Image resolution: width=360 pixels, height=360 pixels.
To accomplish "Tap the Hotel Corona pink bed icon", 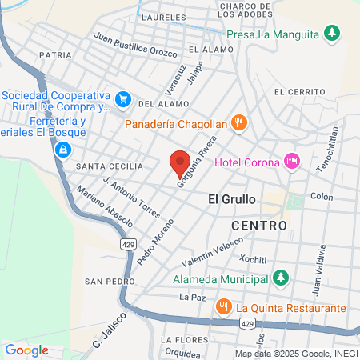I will [x=292, y=162].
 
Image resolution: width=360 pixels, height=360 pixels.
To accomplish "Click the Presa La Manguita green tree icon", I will [x=333, y=33].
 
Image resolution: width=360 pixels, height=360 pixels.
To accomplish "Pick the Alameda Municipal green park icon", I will [x=279, y=278].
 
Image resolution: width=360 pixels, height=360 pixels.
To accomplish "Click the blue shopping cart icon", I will [x=122, y=99].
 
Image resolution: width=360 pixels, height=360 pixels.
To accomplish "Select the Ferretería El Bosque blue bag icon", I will [x=62, y=149].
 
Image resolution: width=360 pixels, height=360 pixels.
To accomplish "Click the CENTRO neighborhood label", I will [x=258, y=226].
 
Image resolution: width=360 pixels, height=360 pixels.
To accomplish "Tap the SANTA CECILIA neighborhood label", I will [x=109, y=166].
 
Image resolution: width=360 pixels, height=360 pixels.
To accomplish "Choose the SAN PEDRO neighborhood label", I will [x=106, y=282].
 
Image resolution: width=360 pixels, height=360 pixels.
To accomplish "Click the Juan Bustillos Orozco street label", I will [x=135, y=44].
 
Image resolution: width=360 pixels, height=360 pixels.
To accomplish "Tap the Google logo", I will [x=26, y=350].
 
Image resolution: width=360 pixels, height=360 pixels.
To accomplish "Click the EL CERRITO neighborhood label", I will [x=295, y=92].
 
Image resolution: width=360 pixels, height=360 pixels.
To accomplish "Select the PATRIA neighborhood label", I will [x=54, y=56].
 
